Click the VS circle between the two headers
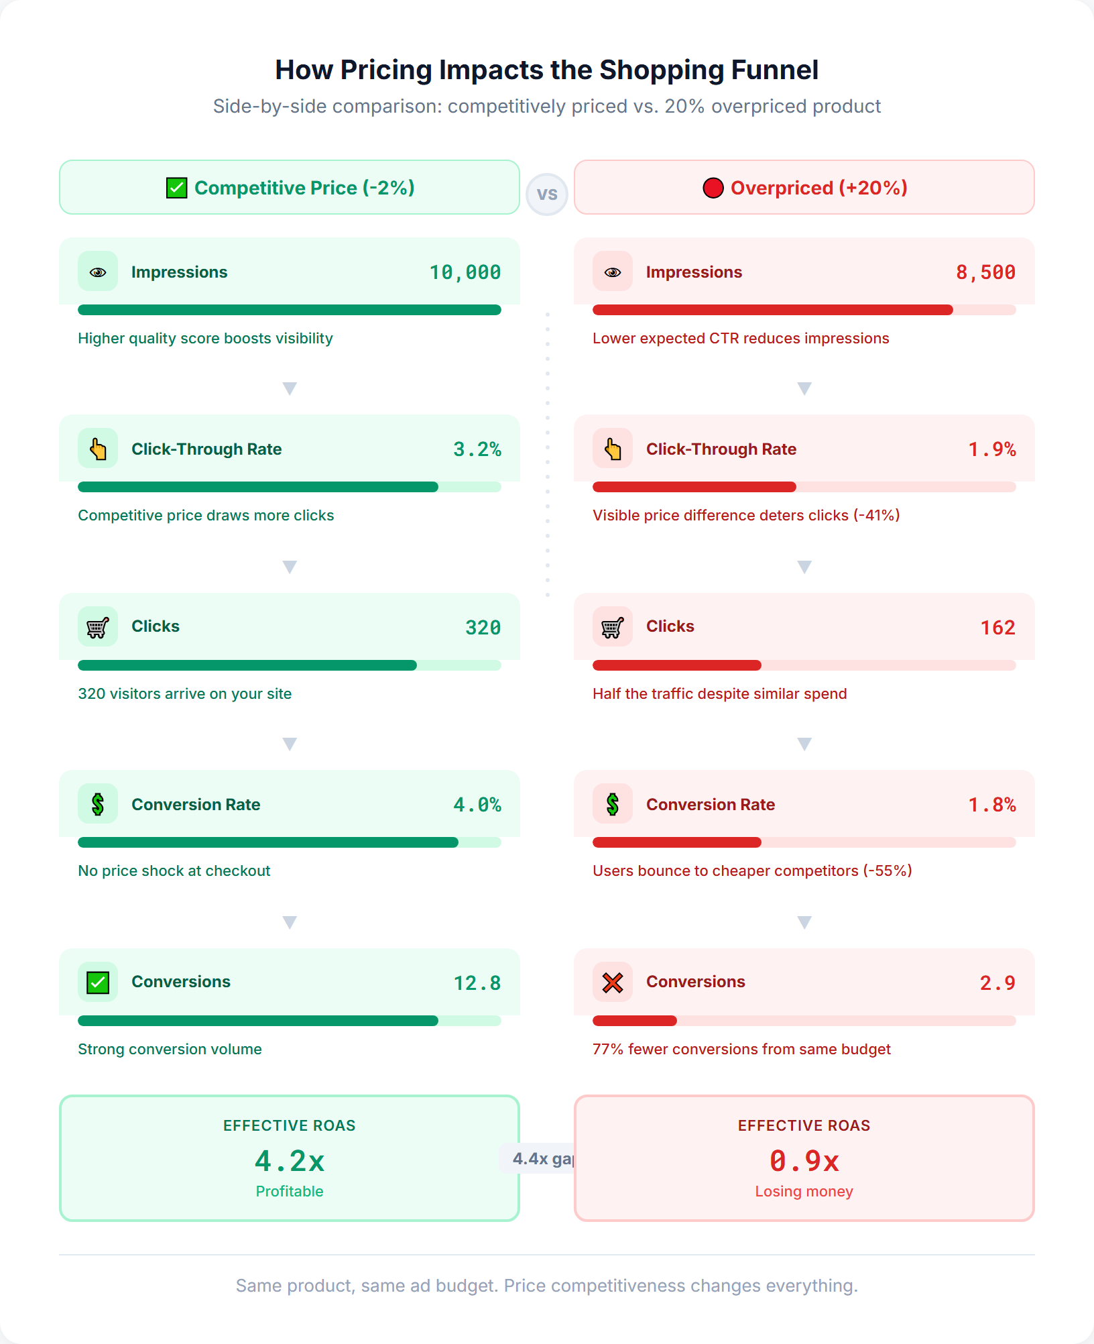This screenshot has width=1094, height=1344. pyautogui.click(x=547, y=194)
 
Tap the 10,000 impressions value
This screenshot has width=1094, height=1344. pyautogui.click(x=465, y=272)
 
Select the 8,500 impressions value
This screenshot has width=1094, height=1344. pyautogui.click(x=985, y=272)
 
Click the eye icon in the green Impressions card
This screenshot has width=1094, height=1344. pyautogui.click(x=98, y=272)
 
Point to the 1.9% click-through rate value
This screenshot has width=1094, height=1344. pyautogui.click(x=992, y=449)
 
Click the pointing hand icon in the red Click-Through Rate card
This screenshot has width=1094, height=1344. pyautogui.click(x=613, y=449)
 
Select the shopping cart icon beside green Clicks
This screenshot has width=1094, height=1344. pyautogui.click(x=98, y=627)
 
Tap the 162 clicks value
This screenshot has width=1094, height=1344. pyautogui.click(x=997, y=628)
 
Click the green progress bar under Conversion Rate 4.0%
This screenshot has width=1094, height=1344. pyautogui.click(x=268, y=842)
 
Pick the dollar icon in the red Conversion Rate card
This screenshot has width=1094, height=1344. pyautogui.click(x=613, y=804)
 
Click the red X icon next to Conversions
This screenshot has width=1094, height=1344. pyautogui.click(x=613, y=983)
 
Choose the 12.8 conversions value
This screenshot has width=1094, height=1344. pyautogui.click(x=477, y=983)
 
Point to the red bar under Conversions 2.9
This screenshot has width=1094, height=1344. pyautogui.click(x=635, y=1021)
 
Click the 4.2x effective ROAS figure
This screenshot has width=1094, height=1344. pyautogui.click(x=290, y=1161)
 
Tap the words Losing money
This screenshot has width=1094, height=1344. pyautogui.click(x=804, y=1192)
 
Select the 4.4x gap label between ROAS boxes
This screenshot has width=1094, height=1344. pyautogui.click(x=540, y=1159)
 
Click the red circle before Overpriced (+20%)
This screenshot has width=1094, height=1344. pyautogui.click(x=713, y=188)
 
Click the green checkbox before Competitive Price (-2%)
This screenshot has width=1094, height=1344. pyautogui.click(x=176, y=188)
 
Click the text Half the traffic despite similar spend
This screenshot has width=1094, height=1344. pyautogui.click(x=719, y=694)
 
